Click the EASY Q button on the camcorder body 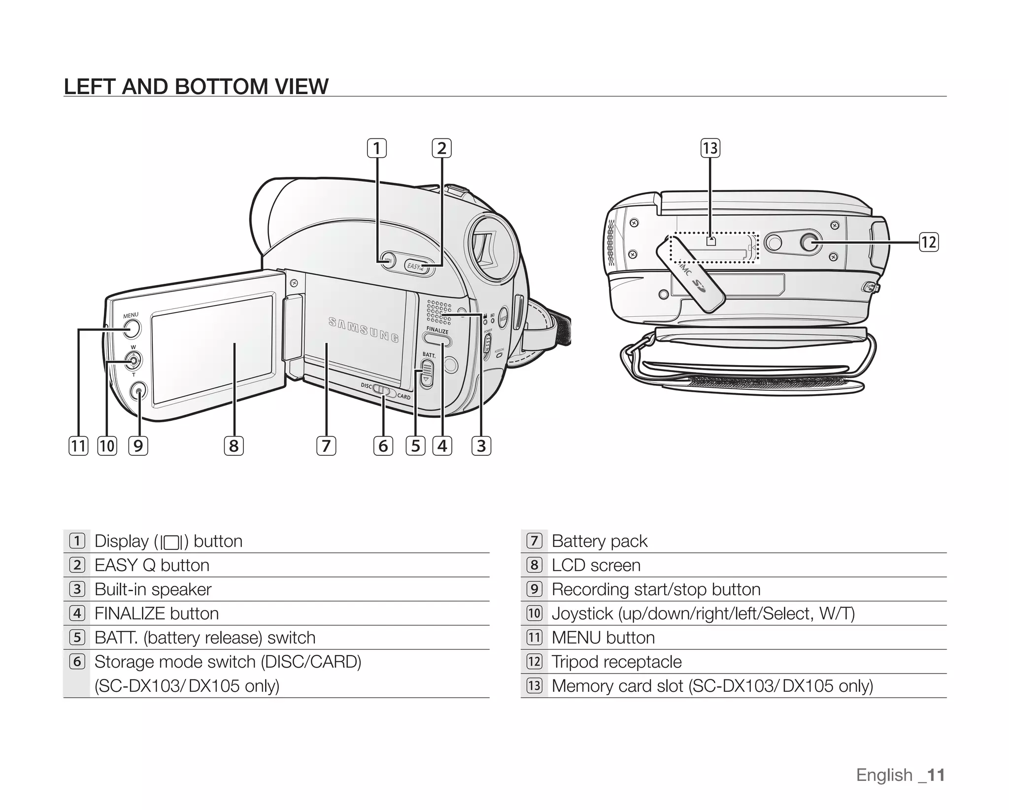[x=419, y=267]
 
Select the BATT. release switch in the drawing [x=427, y=373]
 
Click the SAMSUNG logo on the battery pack [x=364, y=330]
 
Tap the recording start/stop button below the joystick [x=138, y=391]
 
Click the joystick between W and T [x=133, y=361]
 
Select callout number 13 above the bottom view [x=710, y=148]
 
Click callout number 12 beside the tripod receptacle [x=929, y=242]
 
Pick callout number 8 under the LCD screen [x=234, y=446]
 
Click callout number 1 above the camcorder [x=377, y=148]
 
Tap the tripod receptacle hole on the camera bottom [x=808, y=242]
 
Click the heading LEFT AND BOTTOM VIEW [x=196, y=87]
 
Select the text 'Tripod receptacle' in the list [x=616, y=662]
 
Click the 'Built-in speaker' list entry [x=153, y=589]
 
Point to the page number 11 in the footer [x=935, y=775]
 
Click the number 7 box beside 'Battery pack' [x=534, y=541]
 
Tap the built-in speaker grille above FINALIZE [x=438, y=312]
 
